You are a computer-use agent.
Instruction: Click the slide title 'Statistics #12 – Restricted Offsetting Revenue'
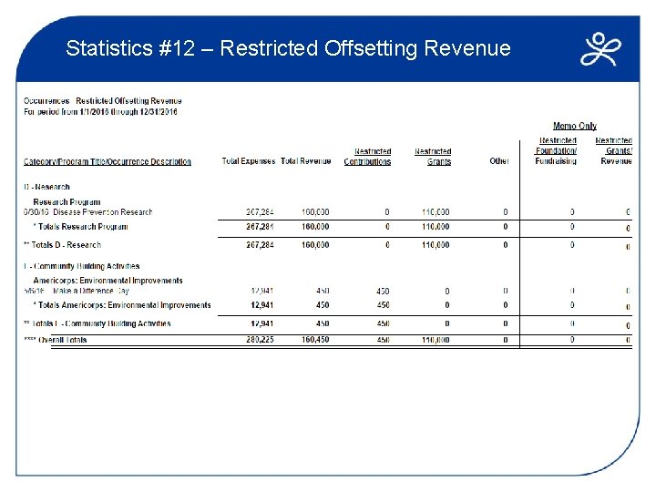click(x=288, y=48)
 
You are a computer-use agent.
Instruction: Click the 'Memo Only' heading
click(x=575, y=126)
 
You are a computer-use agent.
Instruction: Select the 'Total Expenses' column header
click(x=248, y=161)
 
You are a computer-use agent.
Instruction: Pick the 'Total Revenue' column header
click(x=305, y=161)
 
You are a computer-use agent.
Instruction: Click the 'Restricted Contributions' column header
click(x=367, y=157)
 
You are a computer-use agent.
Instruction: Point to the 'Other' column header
click(x=499, y=161)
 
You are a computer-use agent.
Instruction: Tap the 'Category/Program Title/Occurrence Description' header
click(x=108, y=161)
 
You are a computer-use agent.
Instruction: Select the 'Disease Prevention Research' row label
click(x=102, y=212)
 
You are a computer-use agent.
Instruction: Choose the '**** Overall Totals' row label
click(x=56, y=340)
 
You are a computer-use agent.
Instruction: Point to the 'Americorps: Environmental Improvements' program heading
click(x=108, y=280)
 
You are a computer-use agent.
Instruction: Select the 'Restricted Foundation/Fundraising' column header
click(x=557, y=151)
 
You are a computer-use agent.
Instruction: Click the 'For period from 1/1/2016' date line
click(x=101, y=112)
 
